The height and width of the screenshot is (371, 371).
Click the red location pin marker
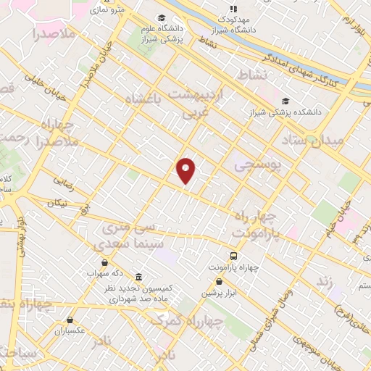(186, 170)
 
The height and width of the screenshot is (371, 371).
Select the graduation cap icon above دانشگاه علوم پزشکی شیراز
(161, 18)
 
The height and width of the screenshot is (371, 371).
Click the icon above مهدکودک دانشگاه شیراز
(233, 9)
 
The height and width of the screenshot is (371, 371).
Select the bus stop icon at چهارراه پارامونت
(233, 256)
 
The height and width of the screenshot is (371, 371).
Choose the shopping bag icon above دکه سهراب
(106, 262)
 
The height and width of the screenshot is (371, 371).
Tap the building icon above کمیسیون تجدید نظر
(138, 277)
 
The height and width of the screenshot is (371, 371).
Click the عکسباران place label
(70, 330)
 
